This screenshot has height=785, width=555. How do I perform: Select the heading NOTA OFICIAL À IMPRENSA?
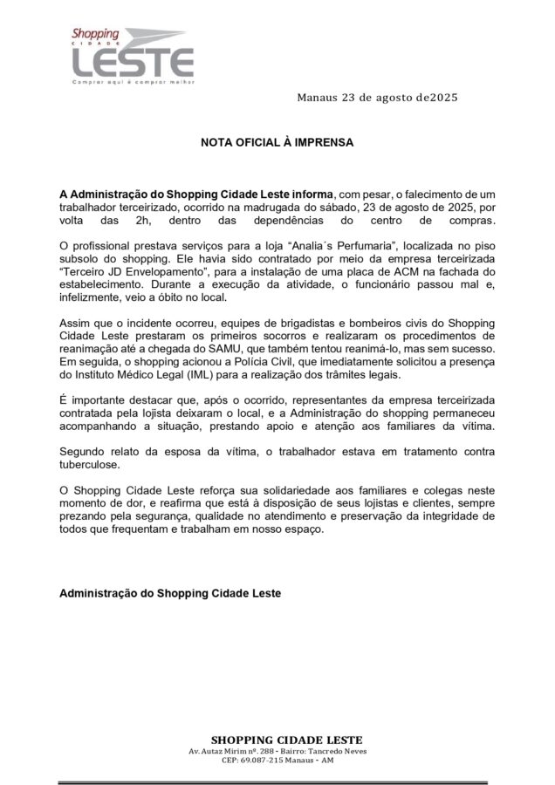[277, 141]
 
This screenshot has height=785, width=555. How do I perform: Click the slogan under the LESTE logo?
[131, 82]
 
